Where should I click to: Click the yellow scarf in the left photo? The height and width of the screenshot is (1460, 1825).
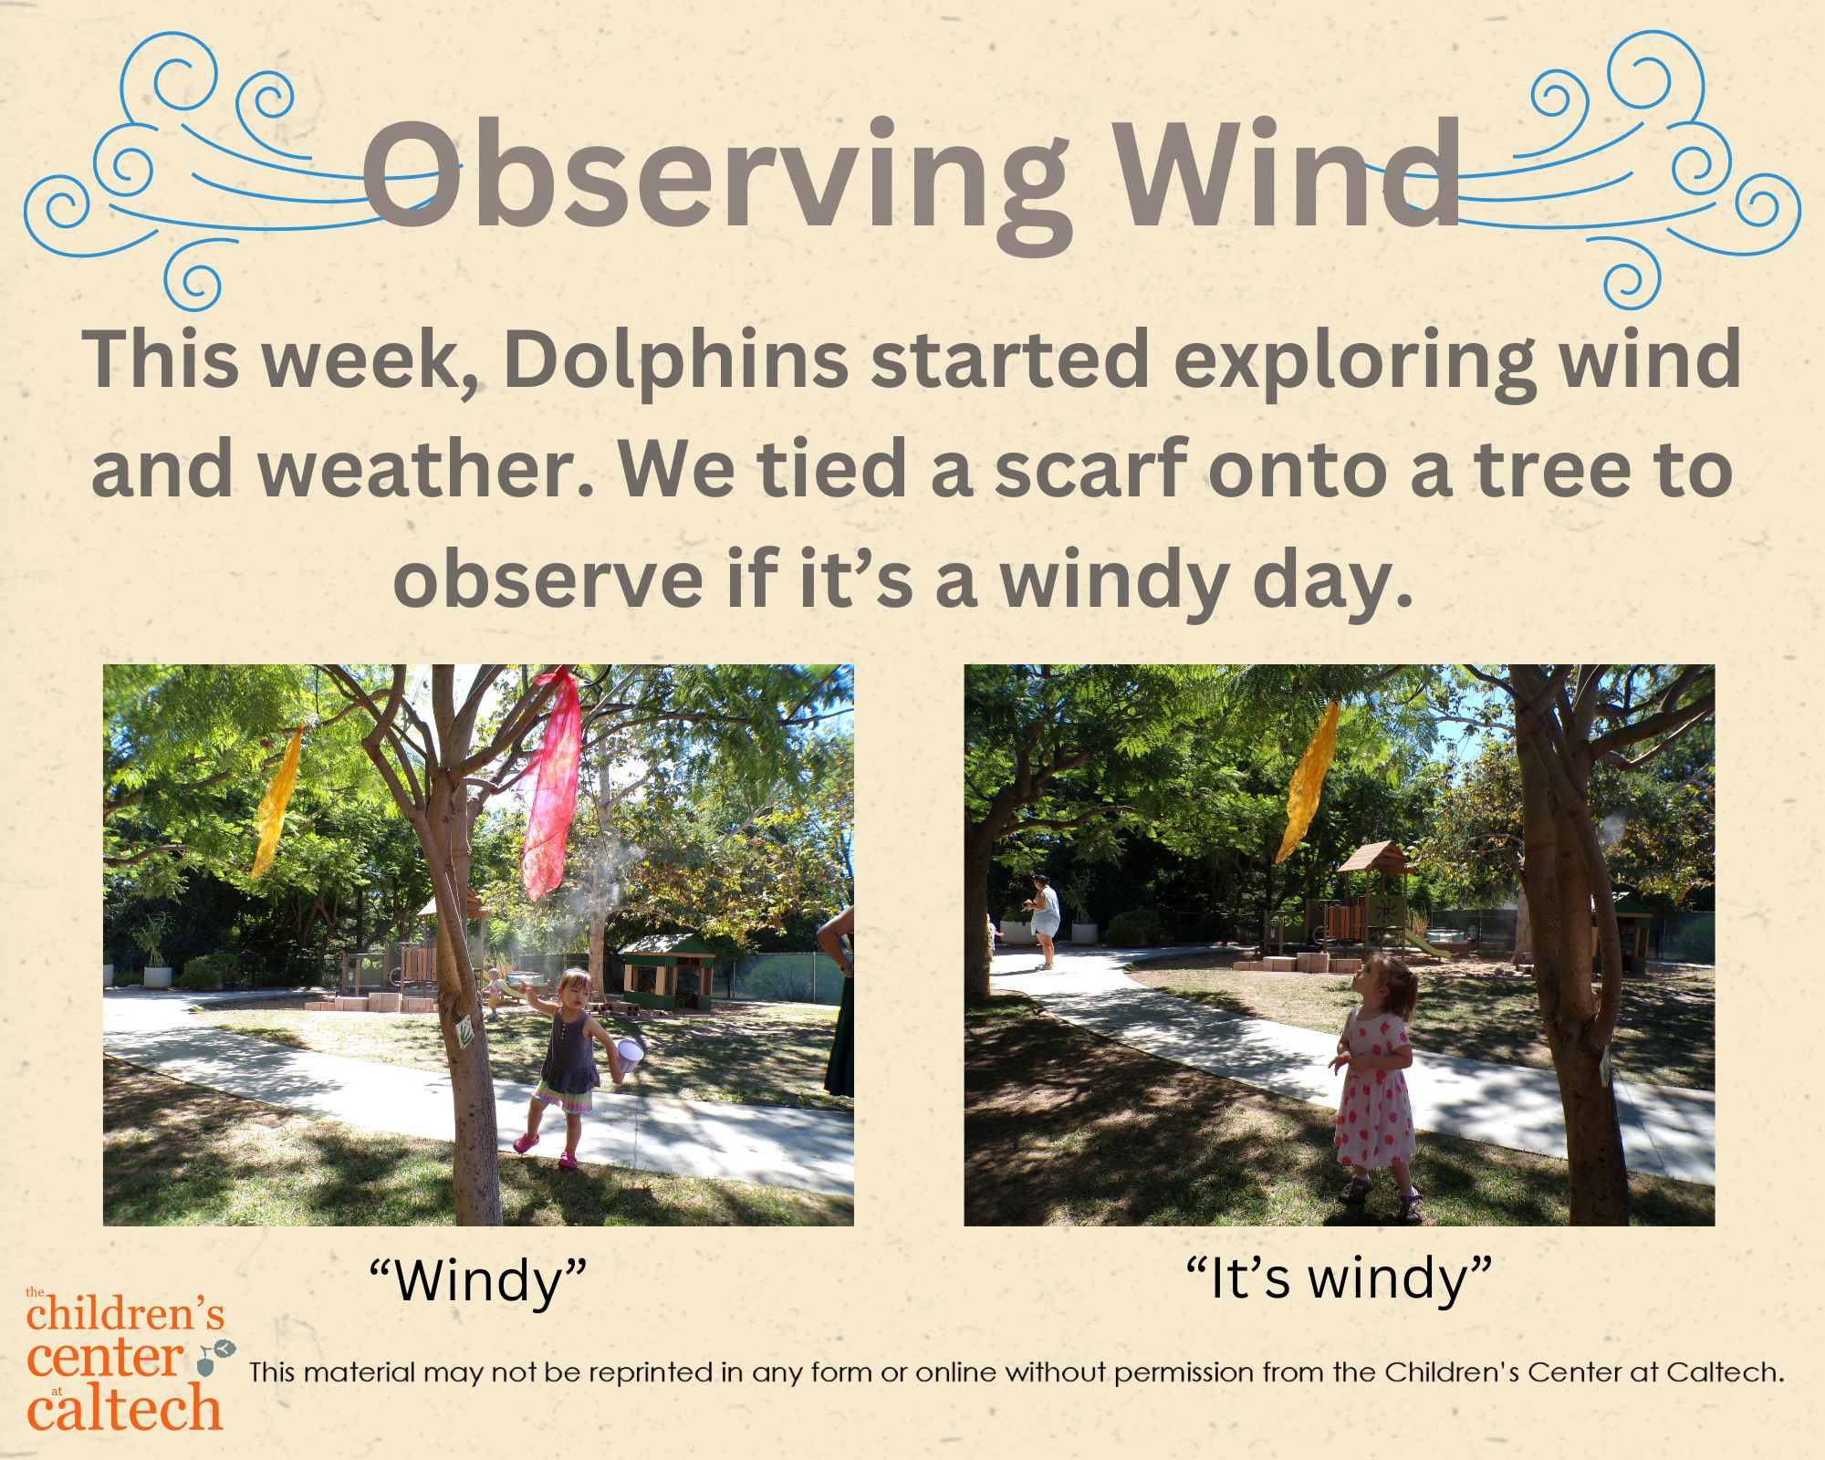click(x=276, y=800)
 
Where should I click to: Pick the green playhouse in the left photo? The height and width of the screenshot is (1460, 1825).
click(x=665, y=971)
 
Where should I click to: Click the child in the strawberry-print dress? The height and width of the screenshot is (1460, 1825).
click(x=1374, y=1087)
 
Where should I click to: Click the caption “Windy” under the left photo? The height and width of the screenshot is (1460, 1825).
click(x=478, y=1280)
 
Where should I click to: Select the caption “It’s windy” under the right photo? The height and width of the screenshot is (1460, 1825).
click(x=1339, y=1277)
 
